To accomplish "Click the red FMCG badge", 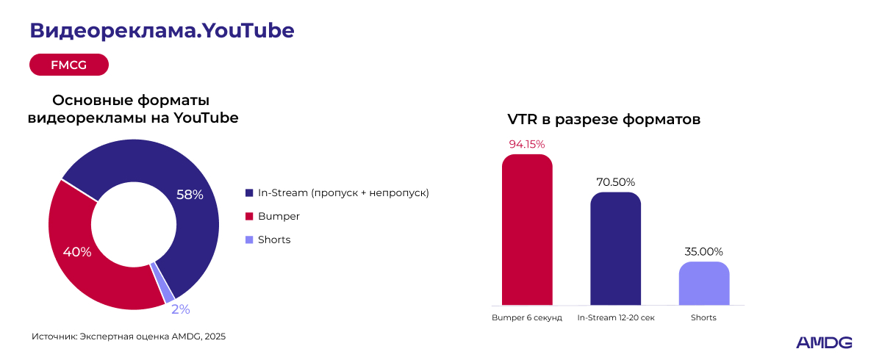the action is (69, 65).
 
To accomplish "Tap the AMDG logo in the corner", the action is (824, 342).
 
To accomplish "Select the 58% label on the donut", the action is (190, 195).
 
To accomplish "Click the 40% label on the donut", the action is (77, 252).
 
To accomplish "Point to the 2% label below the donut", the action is (181, 309).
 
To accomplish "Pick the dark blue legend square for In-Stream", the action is (249, 192).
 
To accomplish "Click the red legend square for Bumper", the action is (249, 217).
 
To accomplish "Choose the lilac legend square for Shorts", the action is (249, 240).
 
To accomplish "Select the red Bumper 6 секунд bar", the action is (527, 229).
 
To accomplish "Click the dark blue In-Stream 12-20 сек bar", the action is (616, 248).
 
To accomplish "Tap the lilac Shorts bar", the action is (704, 284).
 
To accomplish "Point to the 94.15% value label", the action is (527, 145).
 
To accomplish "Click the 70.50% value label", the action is (616, 182).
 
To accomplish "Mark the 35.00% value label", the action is (704, 252).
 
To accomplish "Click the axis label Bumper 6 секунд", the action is (527, 317).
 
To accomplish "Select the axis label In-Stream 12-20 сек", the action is (616, 317).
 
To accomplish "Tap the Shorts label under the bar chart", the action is (703, 317).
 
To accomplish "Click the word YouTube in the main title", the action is (248, 30).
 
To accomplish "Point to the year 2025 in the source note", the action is (215, 336).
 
